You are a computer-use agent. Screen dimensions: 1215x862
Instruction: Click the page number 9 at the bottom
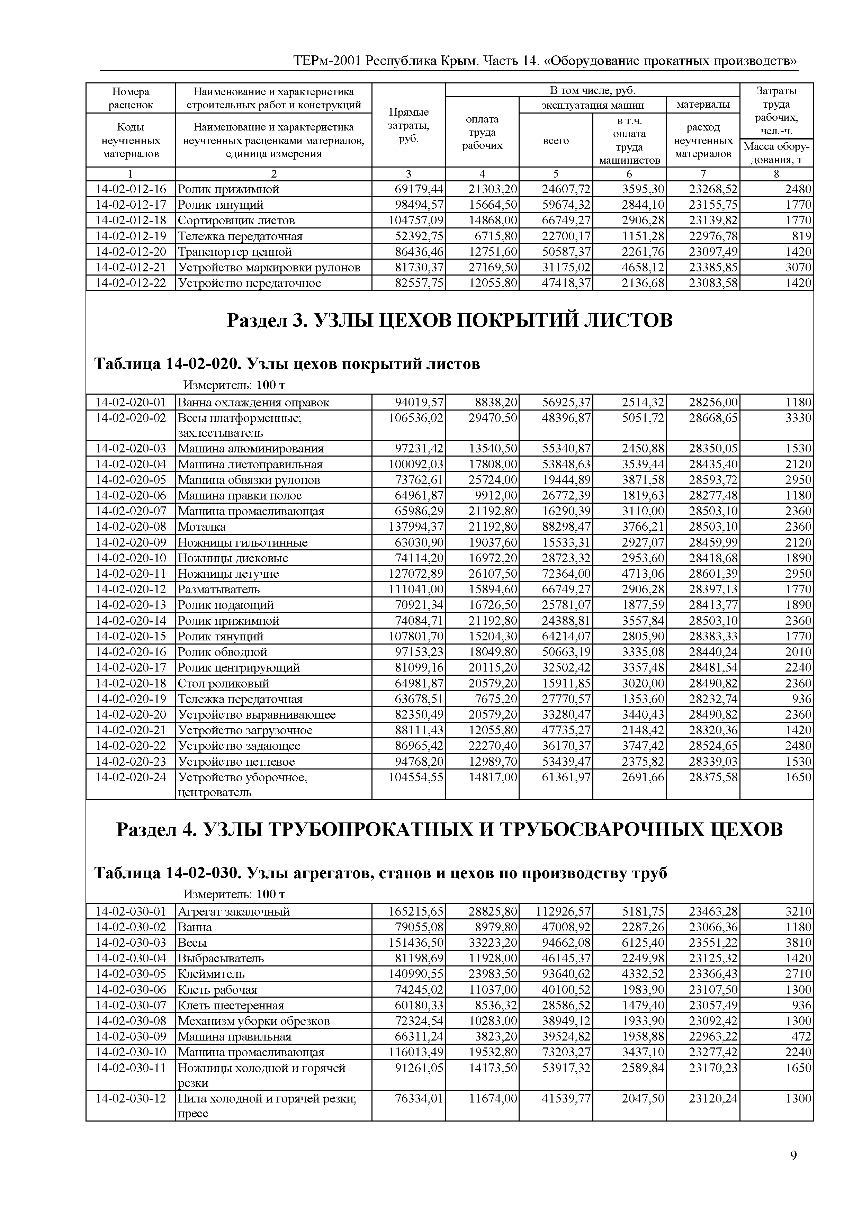click(x=793, y=1155)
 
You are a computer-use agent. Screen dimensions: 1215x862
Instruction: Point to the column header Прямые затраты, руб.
click(x=409, y=125)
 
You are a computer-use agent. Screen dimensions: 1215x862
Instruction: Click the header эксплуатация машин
click(x=592, y=105)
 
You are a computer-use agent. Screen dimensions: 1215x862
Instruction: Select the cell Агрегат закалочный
click(x=234, y=912)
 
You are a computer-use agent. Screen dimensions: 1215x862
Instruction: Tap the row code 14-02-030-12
click(x=131, y=1098)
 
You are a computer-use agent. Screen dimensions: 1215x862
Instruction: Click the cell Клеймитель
click(x=211, y=974)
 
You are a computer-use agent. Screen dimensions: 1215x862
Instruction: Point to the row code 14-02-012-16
click(x=131, y=189)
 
